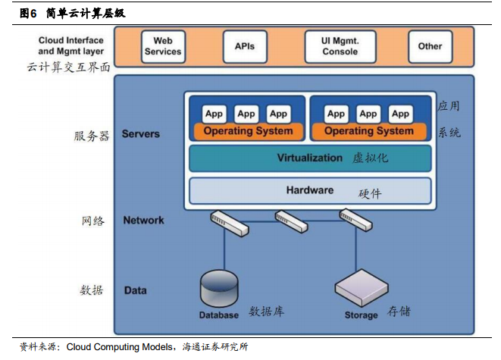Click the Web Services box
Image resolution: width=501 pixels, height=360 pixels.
click(x=163, y=47)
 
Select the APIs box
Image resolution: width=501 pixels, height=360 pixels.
click(x=245, y=47)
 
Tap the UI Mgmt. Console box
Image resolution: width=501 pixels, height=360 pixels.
click(x=340, y=47)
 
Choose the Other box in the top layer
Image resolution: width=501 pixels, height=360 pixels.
click(x=430, y=47)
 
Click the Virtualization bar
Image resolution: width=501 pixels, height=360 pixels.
click(x=310, y=158)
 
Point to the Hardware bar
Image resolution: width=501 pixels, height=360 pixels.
click(x=310, y=191)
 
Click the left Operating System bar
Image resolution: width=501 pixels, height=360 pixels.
click(x=249, y=131)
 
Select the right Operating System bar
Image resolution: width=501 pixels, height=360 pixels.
click(x=369, y=131)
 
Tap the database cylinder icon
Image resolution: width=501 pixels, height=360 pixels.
click(x=219, y=289)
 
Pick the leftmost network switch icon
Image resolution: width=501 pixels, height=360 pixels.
click(x=229, y=223)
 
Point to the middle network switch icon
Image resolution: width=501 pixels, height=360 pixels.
click(x=291, y=221)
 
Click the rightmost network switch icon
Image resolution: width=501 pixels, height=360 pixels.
click(x=355, y=220)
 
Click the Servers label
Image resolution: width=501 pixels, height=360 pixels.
click(x=140, y=134)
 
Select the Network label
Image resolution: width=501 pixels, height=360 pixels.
click(x=143, y=220)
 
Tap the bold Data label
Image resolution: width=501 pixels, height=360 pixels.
click(x=136, y=290)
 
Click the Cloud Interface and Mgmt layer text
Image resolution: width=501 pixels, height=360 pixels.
click(x=71, y=45)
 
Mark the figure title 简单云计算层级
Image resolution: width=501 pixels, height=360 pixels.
click(x=86, y=14)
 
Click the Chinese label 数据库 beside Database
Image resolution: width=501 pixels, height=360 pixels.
click(x=267, y=311)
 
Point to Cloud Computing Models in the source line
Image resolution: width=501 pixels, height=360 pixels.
click(x=120, y=347)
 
